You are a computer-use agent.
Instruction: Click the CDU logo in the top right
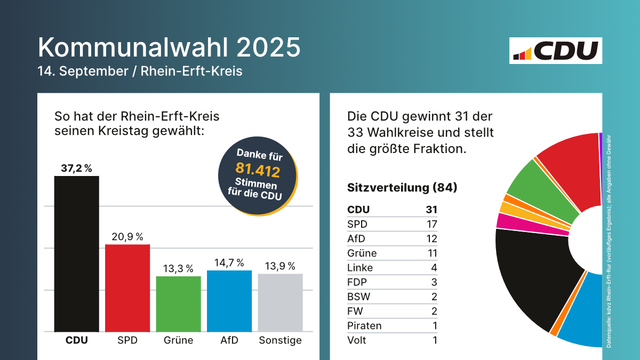click(556, 51)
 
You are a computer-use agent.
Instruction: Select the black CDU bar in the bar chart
click(76, 253)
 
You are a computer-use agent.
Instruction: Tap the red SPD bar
click(127, 288)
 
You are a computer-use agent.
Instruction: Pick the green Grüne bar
click(178, 304)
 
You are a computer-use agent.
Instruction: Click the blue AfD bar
click(229, 301)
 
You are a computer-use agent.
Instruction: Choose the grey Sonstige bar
click(280, 302)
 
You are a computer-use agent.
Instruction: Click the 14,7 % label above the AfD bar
click(229, 262)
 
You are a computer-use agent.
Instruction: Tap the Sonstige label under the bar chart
click(280, 340)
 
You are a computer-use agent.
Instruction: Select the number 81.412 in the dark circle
click(258, 170)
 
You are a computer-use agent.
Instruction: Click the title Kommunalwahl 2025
click(169, 47)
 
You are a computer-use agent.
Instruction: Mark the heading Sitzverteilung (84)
click(402, 188)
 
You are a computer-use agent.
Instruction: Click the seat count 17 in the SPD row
click(431, 224)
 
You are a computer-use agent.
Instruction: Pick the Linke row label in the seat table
click(360, 268)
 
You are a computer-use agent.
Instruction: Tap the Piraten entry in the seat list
click(364, 325)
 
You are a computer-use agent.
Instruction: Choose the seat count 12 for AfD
click(431, 238)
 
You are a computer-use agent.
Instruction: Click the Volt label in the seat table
click(357, 340)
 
